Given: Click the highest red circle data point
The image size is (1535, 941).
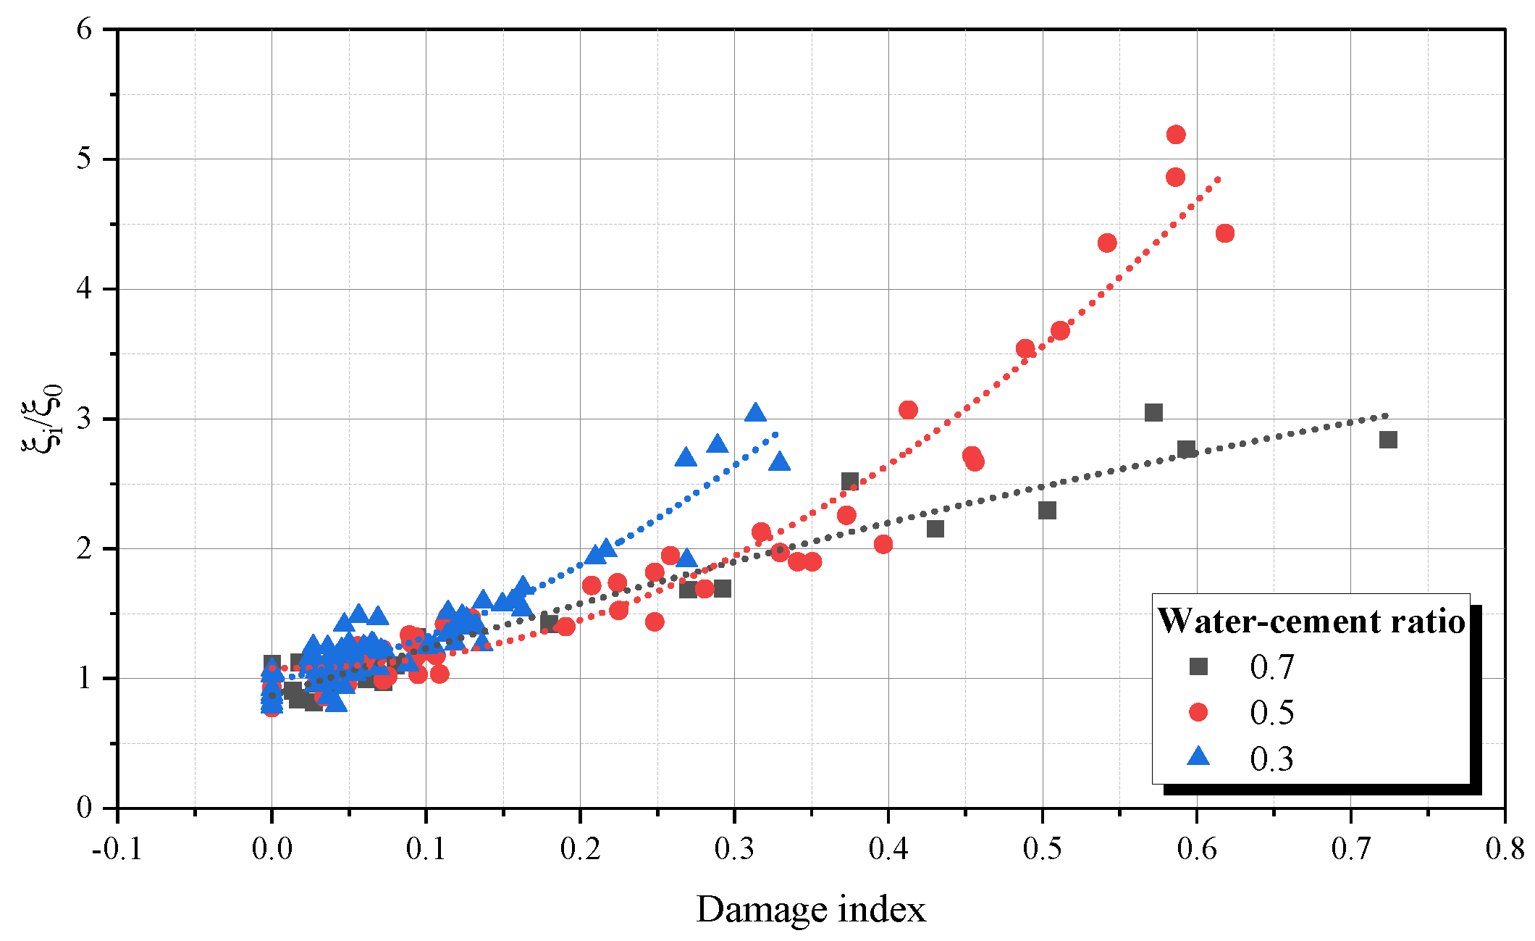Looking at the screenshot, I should (x=1176, y=135).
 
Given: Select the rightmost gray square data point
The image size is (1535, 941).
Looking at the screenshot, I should (x=1388, y=440).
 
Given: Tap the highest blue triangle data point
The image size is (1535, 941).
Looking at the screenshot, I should (x=755, y=413).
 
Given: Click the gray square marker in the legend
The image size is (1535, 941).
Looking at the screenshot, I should (x=1199, y=666).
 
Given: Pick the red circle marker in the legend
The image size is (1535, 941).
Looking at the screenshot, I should (x=1199, y=712).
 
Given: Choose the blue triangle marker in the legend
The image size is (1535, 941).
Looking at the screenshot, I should (x=1199, y=757).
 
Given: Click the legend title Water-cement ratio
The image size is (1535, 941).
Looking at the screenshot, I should (x=1311, y=621).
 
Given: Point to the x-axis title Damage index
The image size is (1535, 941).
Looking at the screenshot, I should (x=811, y=909).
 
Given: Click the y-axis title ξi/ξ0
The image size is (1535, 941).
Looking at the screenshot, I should (x=42, y=419).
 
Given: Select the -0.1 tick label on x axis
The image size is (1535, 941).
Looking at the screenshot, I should (x=117, y=848).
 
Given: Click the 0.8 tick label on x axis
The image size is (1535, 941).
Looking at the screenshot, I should (x=1505, y=848).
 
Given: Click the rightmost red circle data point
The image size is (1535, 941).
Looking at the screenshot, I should (x=1225, y=233).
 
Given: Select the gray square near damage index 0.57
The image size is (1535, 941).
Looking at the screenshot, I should (x=1153, y=413).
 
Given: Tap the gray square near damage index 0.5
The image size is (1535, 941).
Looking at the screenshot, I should (x=1047, y=511).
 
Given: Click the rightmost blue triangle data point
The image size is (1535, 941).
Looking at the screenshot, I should (x=779, y=462).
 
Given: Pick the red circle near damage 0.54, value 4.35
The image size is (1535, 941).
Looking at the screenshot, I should (x=1107, y=243).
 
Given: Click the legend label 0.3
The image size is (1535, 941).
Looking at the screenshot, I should (x=1271, y=758).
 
